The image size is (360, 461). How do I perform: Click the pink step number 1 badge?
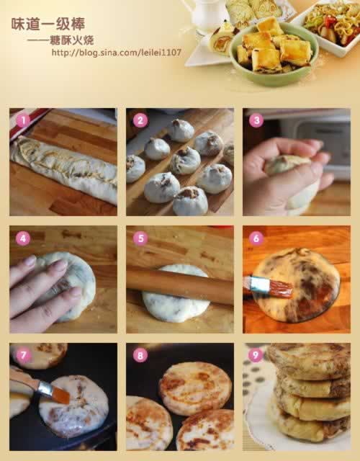[x=23, y=120]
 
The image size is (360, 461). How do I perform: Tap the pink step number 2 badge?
[x=140, y=120]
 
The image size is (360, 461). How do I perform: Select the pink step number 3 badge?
[x=256, y=120]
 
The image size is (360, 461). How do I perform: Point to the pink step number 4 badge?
[x=23, y=238]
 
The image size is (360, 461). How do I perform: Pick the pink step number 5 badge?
[x=140, y=238]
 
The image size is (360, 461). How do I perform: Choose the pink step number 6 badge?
[x=256, y=238]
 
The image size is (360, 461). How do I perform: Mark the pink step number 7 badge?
[x=23, y=356]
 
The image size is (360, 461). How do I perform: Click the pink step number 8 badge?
[x=140, y=356]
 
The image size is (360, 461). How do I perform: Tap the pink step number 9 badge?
[x=256, y=355]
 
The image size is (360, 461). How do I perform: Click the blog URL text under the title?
[x=117, y=53]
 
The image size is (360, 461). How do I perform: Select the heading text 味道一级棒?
[x=48, y=24]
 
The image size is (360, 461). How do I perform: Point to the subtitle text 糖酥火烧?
[x=71, y=40]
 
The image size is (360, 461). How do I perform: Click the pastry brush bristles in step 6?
[x=282, y=289]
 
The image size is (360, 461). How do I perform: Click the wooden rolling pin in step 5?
[x=180, y=285]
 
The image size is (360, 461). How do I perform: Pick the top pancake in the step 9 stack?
[x=309, y=361]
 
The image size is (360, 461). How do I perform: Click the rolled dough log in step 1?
[x=64, y=168]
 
